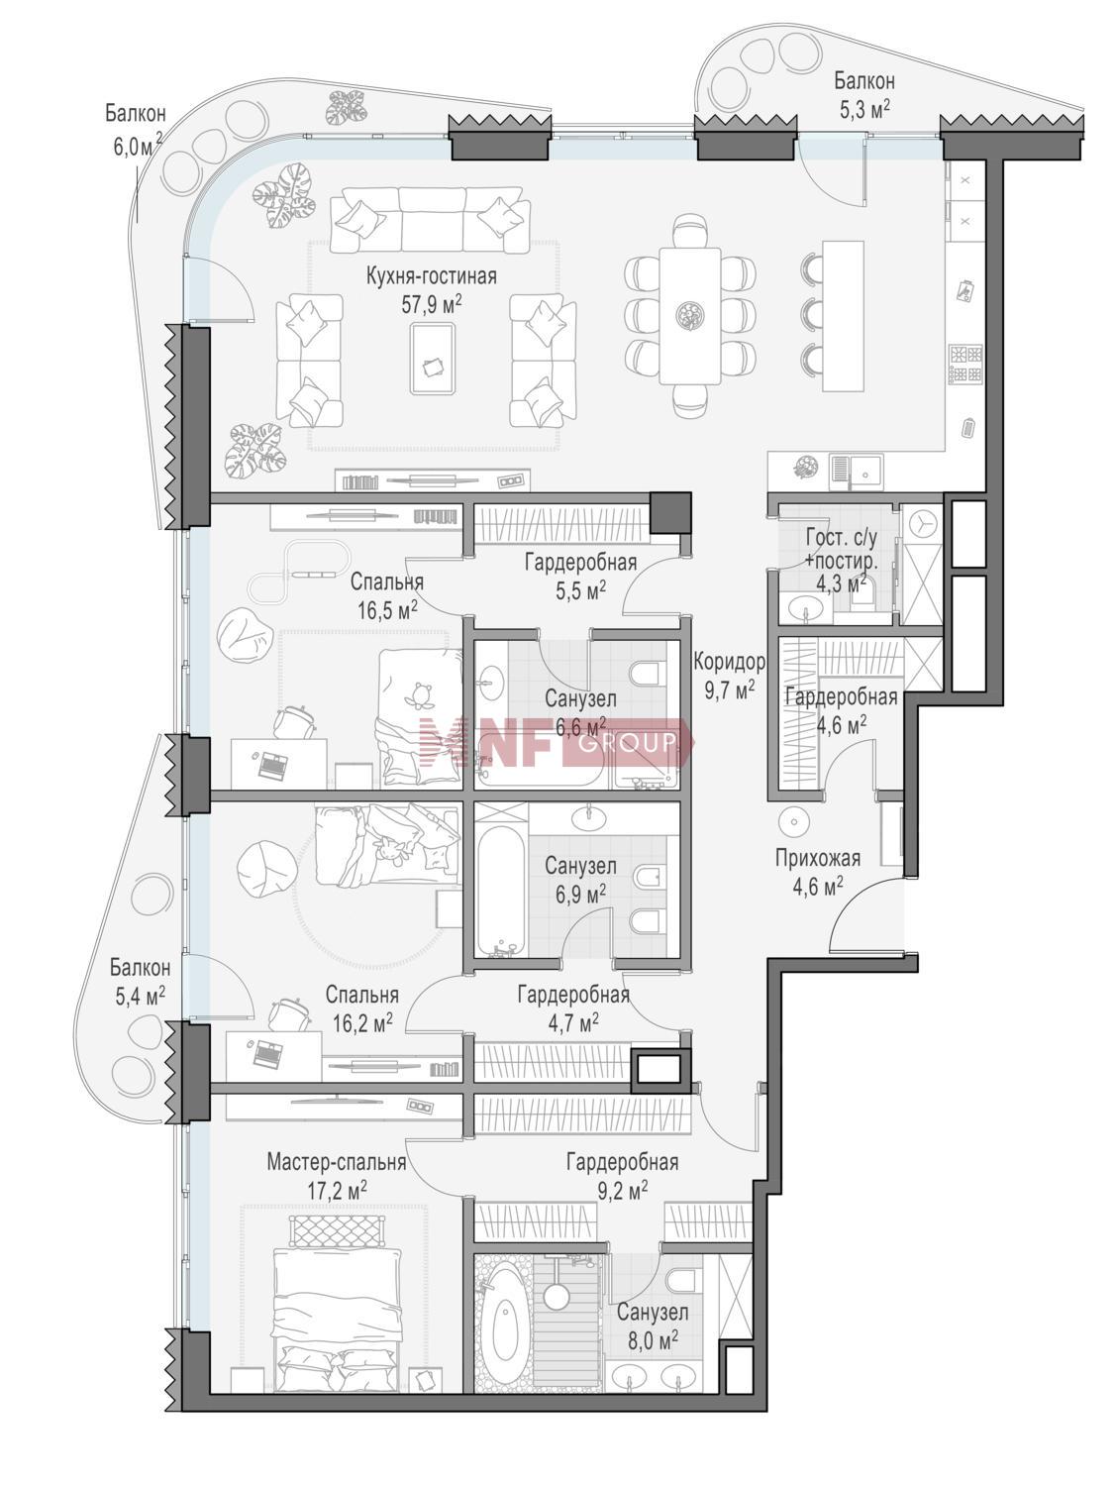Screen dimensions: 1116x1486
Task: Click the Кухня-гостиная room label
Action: [432, 276]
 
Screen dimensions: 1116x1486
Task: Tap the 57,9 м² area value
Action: [432, 304]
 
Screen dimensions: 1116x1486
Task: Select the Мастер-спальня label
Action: [337, 1162]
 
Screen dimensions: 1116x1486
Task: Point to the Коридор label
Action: [729, 662]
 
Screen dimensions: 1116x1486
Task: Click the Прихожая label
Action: [818, 859]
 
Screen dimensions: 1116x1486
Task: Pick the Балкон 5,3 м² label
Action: [864, 95]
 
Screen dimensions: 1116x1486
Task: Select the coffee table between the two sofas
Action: [432, 359]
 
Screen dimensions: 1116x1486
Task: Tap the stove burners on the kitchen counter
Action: [965, 365]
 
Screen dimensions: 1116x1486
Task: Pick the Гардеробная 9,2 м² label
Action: [622, 1176]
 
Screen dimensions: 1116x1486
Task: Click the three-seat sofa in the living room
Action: [431, 220]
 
